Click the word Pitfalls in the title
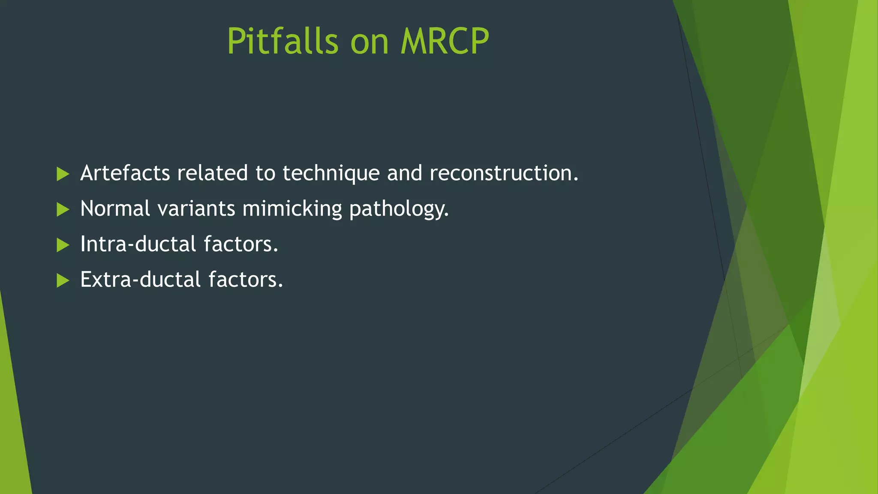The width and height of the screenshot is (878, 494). pos(283,41)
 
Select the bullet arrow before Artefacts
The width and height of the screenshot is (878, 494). pos(63,174)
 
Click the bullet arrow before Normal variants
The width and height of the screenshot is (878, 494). pos(63,210)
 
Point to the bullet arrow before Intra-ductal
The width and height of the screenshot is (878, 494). pos(63,245)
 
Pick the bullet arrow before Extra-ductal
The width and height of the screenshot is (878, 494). pos(63,281)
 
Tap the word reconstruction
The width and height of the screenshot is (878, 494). pos(504,173)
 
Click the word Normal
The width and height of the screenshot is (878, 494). pos(115,209)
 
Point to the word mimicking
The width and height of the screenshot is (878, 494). pos(292,209)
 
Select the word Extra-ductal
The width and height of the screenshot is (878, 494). pos(140,280)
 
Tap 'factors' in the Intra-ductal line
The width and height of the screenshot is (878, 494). pos(241,244)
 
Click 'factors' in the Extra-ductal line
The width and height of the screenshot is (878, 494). pos(245,280)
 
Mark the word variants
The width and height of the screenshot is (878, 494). pos(196,209)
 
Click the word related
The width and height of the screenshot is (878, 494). pos(212,173)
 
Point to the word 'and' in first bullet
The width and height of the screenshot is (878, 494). pos(404,173)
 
